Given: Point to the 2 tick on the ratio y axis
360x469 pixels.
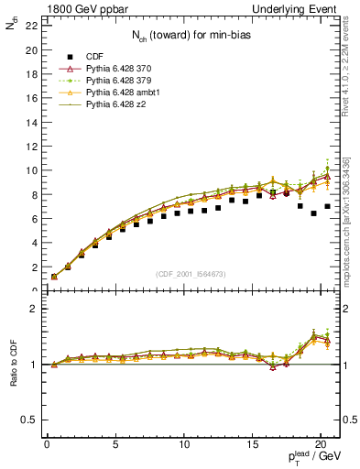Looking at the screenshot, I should coord(32,309).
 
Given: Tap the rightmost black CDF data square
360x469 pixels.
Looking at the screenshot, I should coord(328,207).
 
